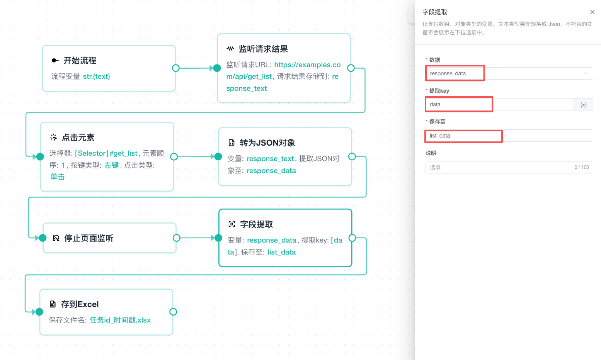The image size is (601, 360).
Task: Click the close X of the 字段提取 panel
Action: (592, 12)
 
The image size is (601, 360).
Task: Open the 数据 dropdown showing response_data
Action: (509, 73)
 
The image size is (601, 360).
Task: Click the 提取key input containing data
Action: (499, 104)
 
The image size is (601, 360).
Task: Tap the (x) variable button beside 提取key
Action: (583, 105)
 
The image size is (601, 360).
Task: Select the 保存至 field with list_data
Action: (509, 136)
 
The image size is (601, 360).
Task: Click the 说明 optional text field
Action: (509, 167)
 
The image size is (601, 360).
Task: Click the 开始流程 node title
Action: (80, 61)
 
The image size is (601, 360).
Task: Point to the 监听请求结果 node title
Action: (263, 49)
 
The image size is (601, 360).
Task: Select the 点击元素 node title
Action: (78, 138)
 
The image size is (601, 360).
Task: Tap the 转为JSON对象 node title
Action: (267, 143)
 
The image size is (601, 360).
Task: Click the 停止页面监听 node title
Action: (89, 238)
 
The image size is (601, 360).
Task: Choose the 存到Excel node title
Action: (80, 304)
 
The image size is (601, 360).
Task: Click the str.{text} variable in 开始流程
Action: (97, 76)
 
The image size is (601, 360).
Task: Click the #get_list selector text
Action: (123, 153)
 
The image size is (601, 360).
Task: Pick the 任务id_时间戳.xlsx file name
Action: (120, 320)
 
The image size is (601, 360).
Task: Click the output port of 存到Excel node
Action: (173, 312)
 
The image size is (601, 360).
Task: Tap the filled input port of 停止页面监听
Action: (43, 238)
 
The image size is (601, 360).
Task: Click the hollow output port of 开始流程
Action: (176, 68)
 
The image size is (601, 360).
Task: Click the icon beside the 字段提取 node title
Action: (232, 224)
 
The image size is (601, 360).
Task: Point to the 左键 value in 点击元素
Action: (112, 165)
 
